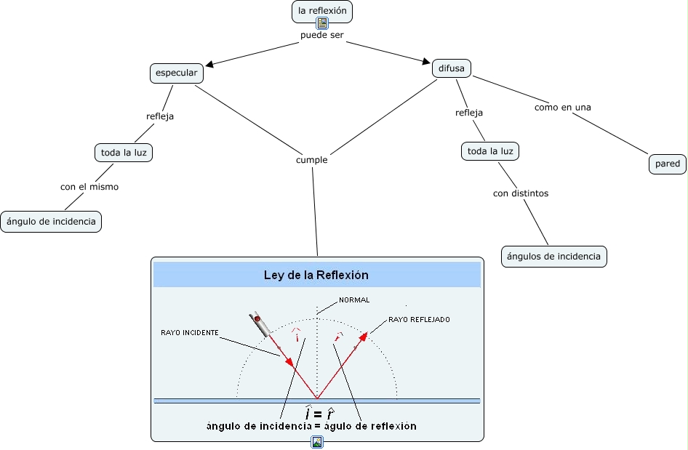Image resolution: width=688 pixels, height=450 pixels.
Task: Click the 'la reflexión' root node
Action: [x=322, y=11]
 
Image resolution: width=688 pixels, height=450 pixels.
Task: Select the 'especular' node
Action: [x=177, y=73]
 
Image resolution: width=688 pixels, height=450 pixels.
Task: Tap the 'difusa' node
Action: [x=452, y=68]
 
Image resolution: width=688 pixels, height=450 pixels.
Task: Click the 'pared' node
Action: [x=667, y=164]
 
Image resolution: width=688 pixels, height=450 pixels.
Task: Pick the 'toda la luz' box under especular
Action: [x=124, y=153]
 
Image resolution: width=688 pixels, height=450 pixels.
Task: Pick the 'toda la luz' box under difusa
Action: [x=490, y=151]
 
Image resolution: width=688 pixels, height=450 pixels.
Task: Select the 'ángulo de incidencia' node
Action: [x=50, y=221]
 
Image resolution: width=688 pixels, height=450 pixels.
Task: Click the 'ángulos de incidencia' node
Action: [x=553, y=256]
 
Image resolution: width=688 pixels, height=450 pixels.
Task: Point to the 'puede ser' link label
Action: [x=321, y=35]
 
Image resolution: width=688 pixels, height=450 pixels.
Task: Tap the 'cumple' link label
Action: [x=312, y=160]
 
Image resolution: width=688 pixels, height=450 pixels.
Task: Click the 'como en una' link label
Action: [x=562, y=107]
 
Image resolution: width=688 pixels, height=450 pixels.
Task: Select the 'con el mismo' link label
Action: [x=89, y=187]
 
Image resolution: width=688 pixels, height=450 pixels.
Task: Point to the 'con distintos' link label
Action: [x=520, y=193]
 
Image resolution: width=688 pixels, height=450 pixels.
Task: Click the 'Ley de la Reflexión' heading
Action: [x=316, y=276]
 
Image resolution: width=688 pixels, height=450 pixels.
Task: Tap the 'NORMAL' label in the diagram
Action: [x=354, y=300]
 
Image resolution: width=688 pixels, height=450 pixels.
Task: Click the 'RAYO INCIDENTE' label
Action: [x=189, y=332]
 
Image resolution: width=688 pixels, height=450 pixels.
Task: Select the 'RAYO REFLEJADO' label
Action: [x=419, y=319]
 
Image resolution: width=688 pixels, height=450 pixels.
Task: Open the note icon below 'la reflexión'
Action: [x=322, y=23]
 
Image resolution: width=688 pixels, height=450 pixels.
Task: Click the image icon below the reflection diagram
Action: [x=316, y=442]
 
